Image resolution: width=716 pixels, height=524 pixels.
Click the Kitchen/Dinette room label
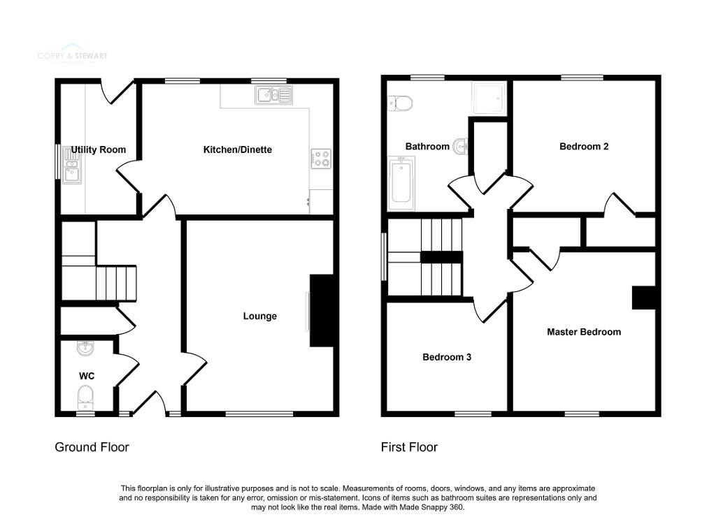click(x=237, y=150)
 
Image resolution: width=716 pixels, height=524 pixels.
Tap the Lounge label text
click(x=259, y=316)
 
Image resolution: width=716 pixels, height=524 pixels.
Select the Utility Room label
click(x=99, y=150)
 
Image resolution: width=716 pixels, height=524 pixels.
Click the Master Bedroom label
click(x=583, y=332)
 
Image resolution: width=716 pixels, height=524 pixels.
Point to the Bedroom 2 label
click(x=584, y=147)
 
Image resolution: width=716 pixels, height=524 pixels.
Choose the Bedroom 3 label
click(x=446, y=357)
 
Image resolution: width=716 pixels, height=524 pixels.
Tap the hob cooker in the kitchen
click(x=320, y=159)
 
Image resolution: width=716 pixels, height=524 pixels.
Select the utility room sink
click(x=72, y=168)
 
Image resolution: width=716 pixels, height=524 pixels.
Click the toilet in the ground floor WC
click(x=85, y=399)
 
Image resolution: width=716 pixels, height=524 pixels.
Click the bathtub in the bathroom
click(x=401, y=182)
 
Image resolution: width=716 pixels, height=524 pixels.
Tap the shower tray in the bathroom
click(x=487, y=98)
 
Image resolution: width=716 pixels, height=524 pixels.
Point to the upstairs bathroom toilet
click(x=400, y=103)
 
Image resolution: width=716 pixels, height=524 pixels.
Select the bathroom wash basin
click(x=460, y=147)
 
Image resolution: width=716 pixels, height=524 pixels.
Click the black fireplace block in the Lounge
click(x=322, y=310)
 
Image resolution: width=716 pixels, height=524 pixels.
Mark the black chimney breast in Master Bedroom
click(x=644, y=298)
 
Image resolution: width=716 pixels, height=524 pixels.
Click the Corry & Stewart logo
click(x=73, y=56)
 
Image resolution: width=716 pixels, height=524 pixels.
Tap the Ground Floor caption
click(x=92, y=447)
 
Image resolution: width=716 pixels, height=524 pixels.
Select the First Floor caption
click(x=409, y=447)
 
